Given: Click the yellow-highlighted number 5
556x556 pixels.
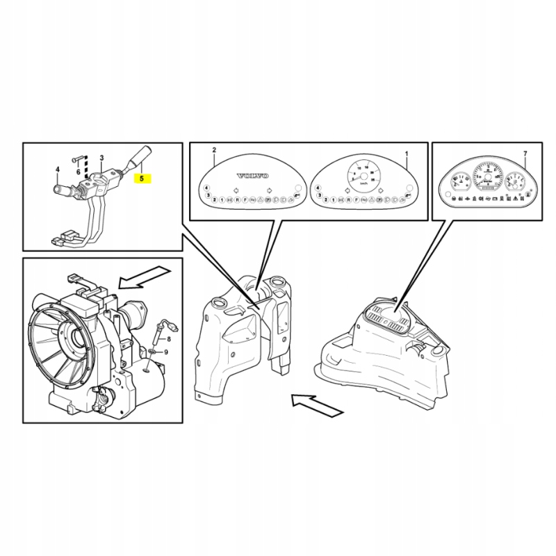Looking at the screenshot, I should coord(143,179).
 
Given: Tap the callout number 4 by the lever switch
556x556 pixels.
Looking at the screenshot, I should coord(58,169).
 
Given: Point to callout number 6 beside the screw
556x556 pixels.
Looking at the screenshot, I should coord(79,172).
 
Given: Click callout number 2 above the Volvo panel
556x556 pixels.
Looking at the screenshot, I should coord(214,151).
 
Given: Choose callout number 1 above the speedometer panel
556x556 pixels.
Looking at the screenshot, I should coord(407,152).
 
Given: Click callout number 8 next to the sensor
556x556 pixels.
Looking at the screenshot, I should coord(167,338).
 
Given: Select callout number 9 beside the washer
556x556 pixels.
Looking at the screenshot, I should coord(167,353).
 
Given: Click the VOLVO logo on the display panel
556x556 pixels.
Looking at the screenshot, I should coord(252,176).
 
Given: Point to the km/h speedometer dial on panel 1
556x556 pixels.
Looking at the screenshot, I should coord(363,173).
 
